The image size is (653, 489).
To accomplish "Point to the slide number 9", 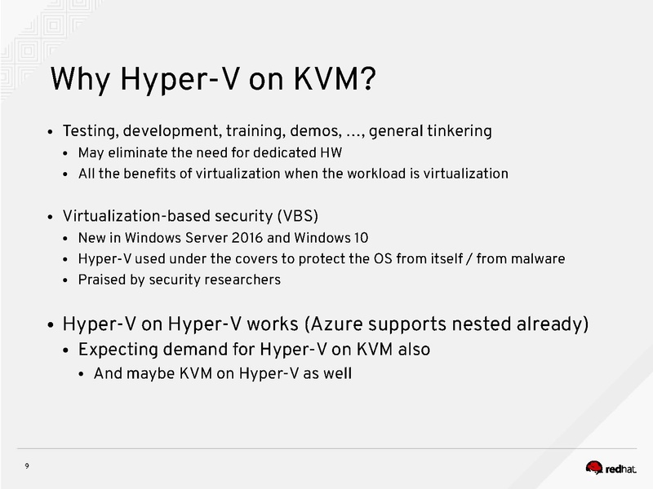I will click(x=27, y=466).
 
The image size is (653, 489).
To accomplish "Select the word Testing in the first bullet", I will click(x=91, y=131).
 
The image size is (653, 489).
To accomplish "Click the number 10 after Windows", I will click(x=361, y=238).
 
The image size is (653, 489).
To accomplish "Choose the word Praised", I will click(x=99, y=280).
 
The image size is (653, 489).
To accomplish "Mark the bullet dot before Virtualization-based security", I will click(x=51, y=218).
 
